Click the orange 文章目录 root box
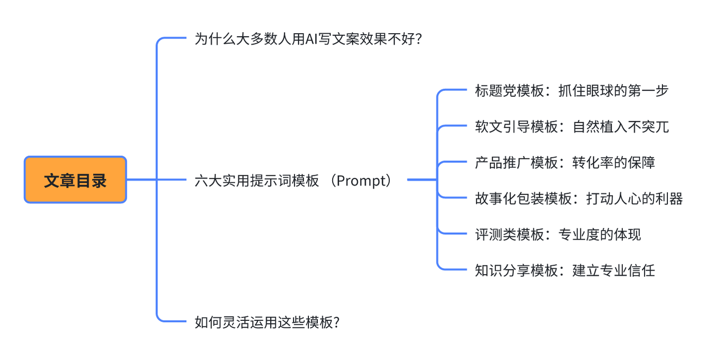(75, 180)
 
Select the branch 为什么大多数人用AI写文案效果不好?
(308, 39)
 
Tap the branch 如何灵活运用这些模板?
(267, 322)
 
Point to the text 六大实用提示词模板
(257, 180)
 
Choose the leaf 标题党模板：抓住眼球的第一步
(572, 90)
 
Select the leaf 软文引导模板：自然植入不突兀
(572, 127)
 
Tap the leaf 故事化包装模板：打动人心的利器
(578, 199)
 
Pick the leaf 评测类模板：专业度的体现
(558, 234)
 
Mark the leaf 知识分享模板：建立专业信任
(565, 271)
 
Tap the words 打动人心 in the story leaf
(614, 199)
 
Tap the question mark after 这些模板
(336, 322)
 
